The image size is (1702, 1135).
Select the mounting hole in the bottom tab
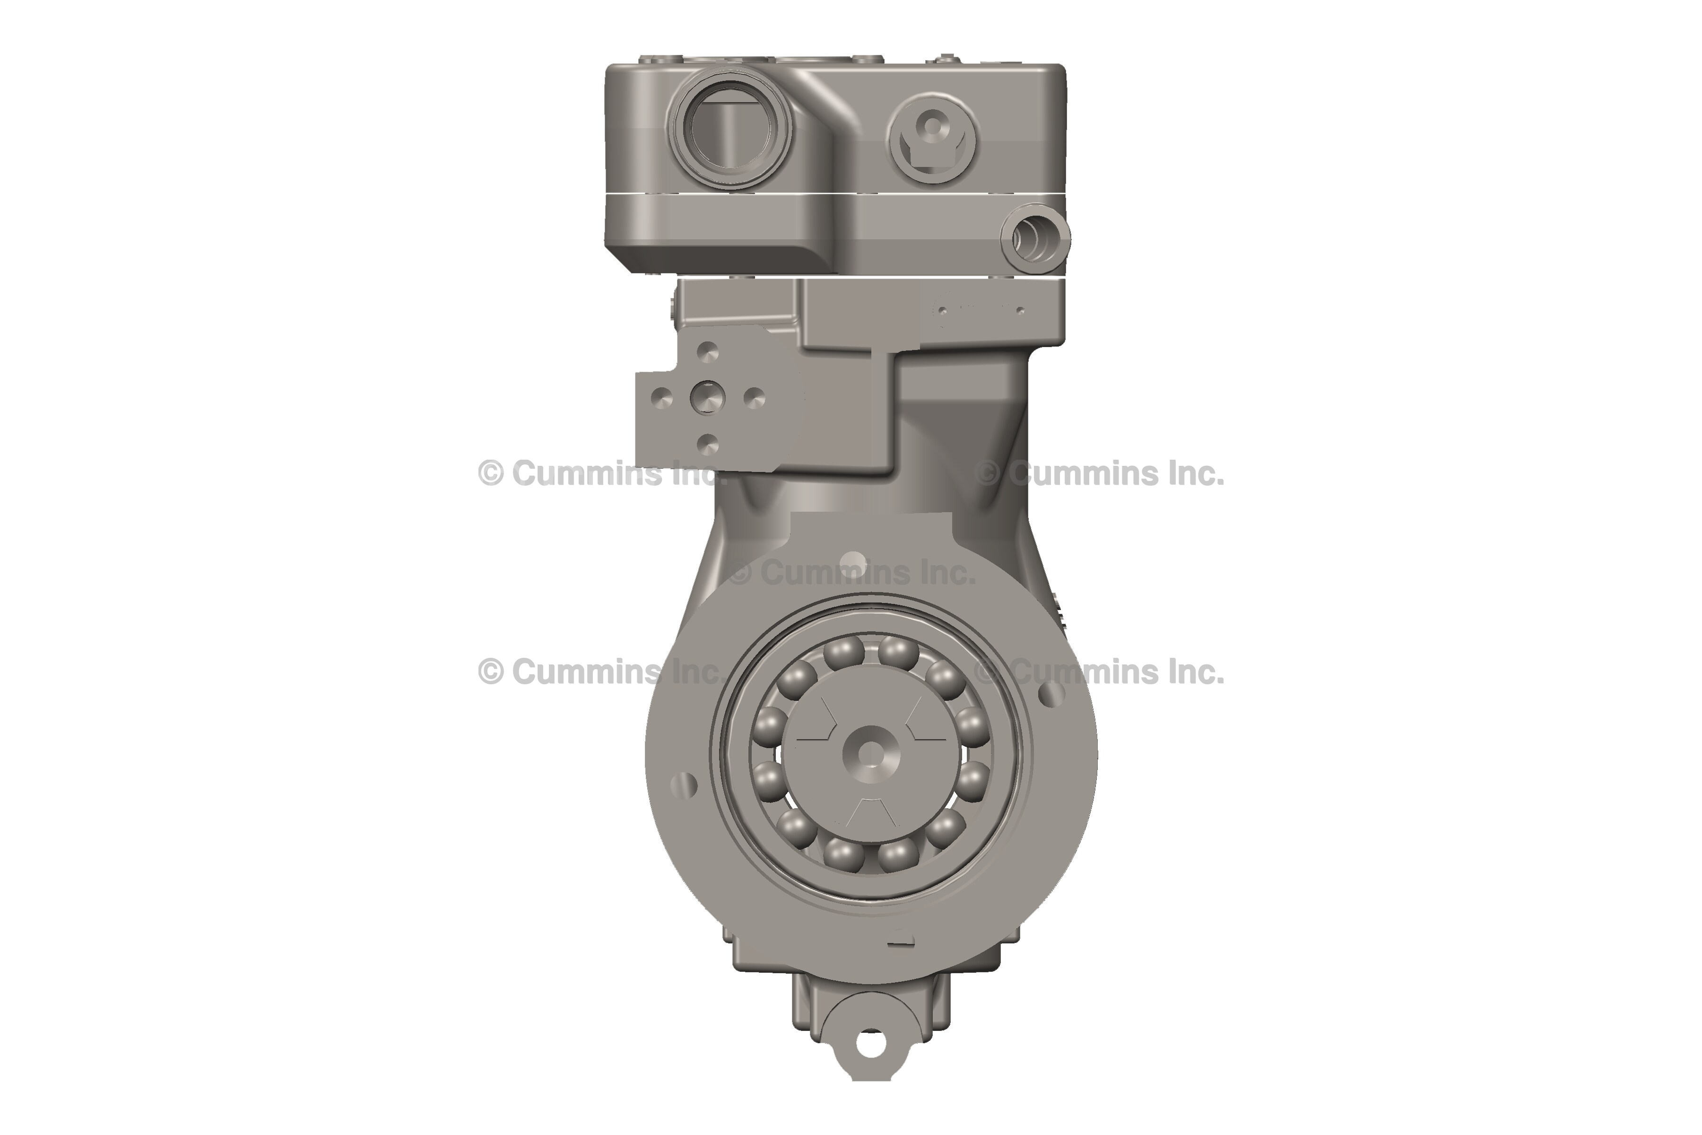pos(870,1043)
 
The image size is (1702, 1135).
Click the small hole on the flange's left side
pos(684,783)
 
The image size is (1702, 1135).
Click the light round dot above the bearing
pos(855,561)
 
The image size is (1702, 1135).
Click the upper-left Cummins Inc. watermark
pos(600,474)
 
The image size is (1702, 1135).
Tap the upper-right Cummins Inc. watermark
pos(1100,474)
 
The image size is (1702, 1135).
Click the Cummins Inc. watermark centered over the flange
pos(852,573)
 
